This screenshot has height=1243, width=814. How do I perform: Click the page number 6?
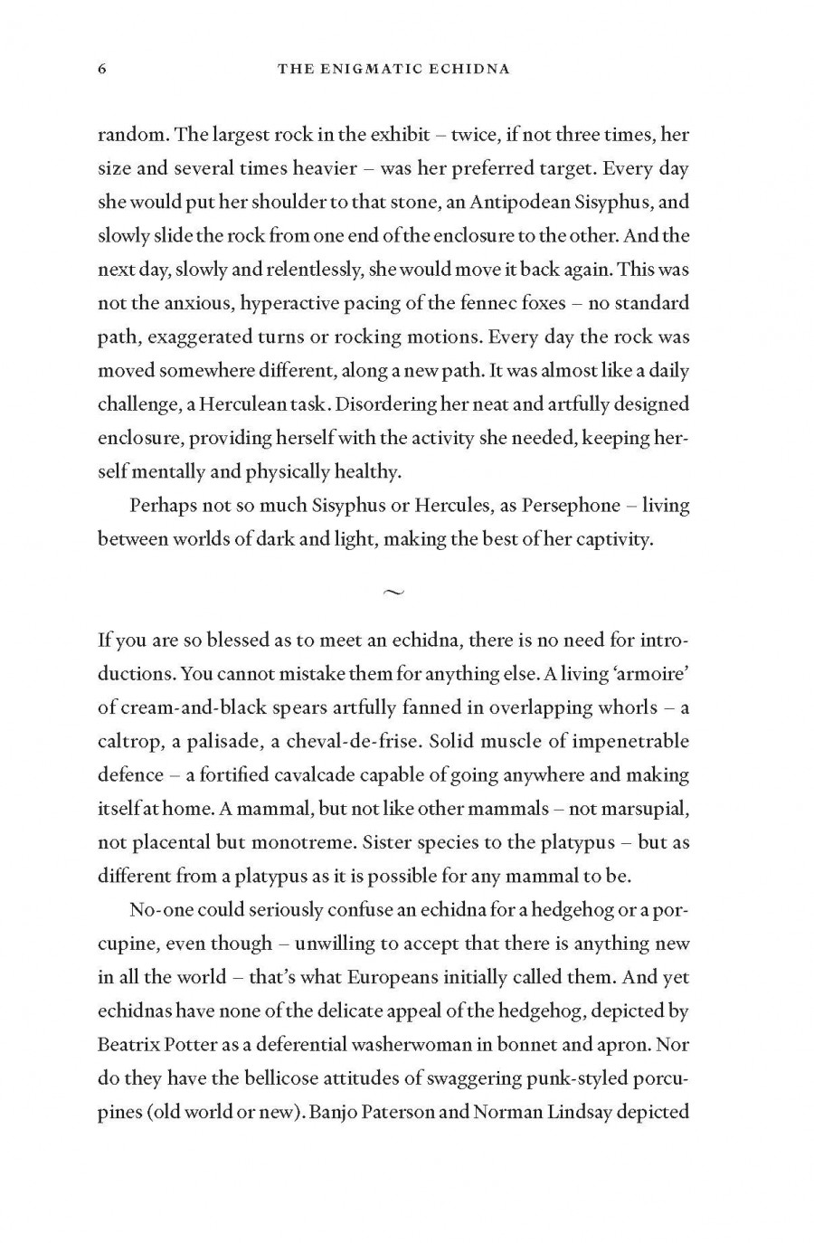(102, 70)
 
